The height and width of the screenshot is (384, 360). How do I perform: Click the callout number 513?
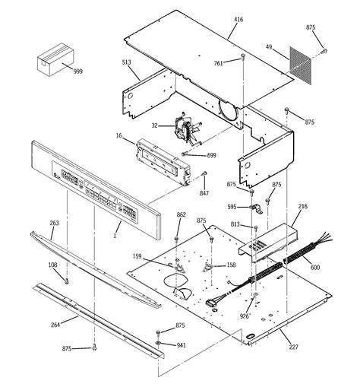tap(126, 65)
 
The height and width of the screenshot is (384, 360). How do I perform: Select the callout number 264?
tap(55, 325)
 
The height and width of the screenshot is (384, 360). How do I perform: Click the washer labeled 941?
tap(158, 344)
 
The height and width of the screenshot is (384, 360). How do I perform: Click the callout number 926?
tap(245, 315)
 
